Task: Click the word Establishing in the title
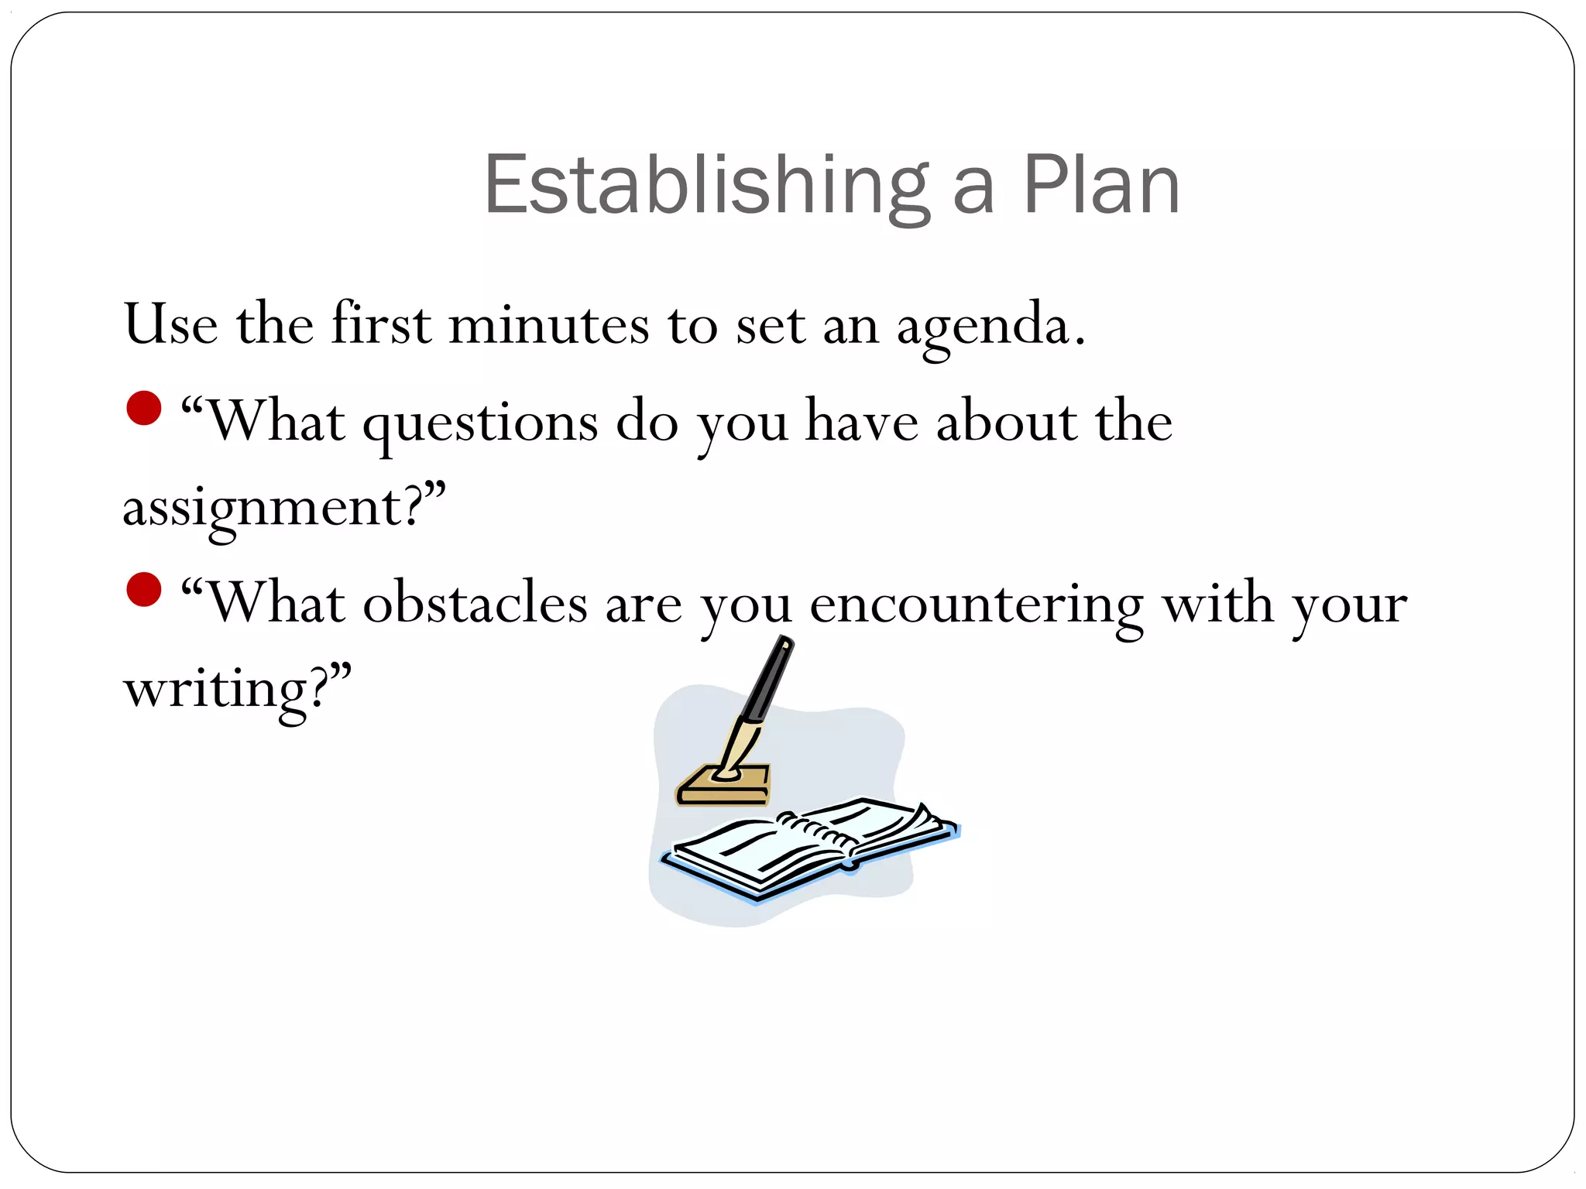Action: (x=705, y=186)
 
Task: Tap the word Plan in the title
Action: (x=1101, y=186)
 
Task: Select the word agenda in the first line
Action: (x=984, y=325)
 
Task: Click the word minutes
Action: (x=548, y=325)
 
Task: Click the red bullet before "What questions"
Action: (x=144, y=408)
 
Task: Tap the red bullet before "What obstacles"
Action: (x=144, y=589)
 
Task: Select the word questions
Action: (x=480, y=424)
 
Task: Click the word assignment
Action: (x=263, y=509)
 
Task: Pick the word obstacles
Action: (x=475, y=603)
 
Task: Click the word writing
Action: (x=217, y=689)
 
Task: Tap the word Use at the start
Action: (x=170, y=325)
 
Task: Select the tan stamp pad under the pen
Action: (x=724, y=786)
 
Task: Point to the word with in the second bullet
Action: (x=1217, y=604)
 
